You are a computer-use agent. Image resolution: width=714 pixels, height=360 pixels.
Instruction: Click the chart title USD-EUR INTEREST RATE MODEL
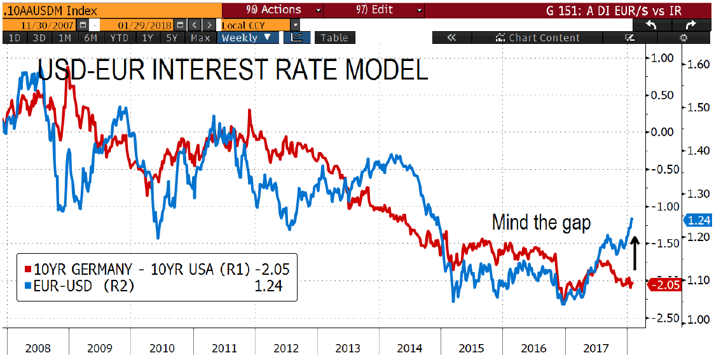[233, 71]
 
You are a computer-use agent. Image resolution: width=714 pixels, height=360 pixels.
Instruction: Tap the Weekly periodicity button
[246, 38]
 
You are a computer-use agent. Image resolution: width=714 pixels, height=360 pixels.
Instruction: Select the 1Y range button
[148, 38]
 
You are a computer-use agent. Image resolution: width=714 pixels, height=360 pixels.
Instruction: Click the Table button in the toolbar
[334, 38]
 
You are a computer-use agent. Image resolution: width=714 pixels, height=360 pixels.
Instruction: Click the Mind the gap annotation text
[541, 223]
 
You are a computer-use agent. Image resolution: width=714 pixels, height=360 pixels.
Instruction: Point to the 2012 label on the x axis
[285, 349]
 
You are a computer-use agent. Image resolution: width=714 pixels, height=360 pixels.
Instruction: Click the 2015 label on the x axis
[471, 349]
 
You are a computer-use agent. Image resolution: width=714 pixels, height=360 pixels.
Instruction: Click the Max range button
[200, 38]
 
